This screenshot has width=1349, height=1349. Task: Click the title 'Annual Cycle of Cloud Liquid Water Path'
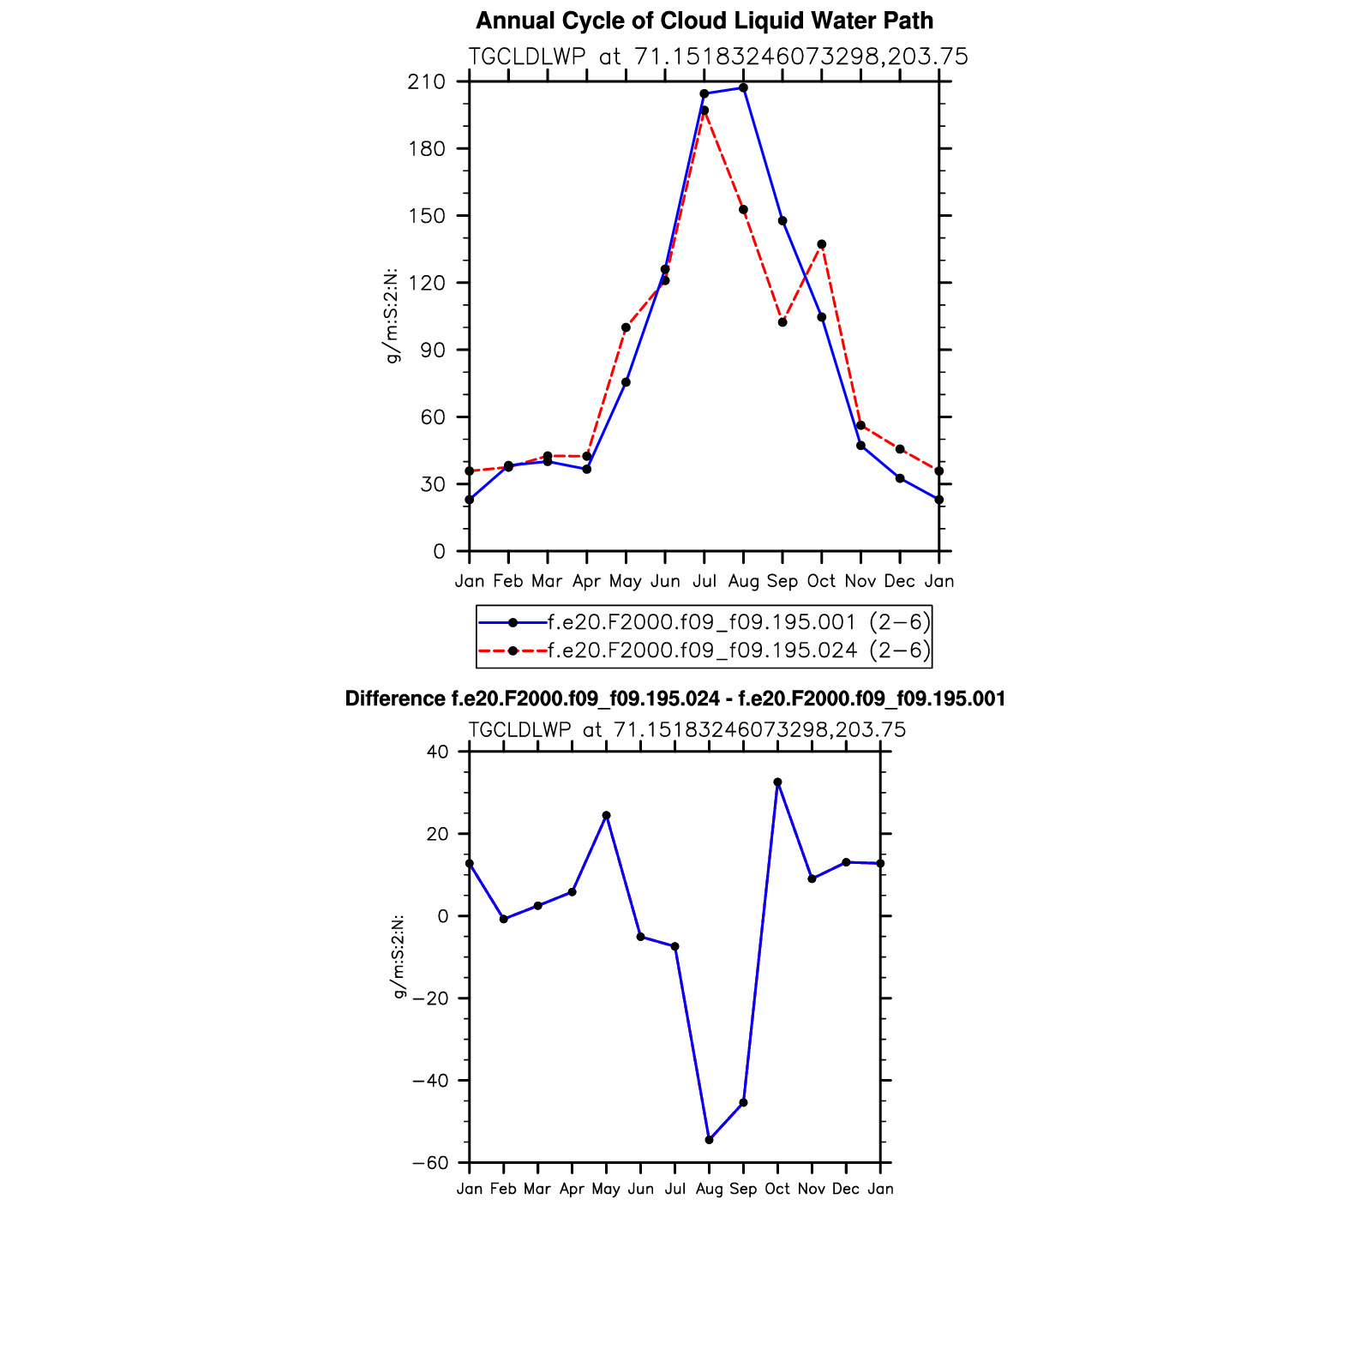(704, 21)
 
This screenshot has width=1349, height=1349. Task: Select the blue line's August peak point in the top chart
(743, 88)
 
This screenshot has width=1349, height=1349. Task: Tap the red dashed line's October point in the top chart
(821, 244)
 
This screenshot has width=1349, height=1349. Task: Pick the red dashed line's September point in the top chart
(782, 322)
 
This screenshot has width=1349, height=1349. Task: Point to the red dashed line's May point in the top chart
(626, 327)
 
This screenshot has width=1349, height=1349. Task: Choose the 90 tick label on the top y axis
(433, 350)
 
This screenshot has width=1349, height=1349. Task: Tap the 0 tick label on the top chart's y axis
(440, 551)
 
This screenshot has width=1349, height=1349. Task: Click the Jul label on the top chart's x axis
(704, 581)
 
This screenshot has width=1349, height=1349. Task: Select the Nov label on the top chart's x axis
(860, 581)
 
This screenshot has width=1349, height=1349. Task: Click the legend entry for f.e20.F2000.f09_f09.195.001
(703, 621)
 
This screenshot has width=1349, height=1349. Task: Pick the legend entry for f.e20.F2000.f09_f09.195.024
(703, 651)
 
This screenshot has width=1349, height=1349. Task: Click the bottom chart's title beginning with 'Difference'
(674, 699)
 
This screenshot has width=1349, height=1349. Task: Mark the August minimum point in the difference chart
(709, 1140)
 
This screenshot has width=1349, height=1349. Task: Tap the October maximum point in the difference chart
(777, 782)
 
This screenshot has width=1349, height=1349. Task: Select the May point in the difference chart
(606, 815)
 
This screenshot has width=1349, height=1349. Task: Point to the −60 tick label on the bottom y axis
(430, 1163)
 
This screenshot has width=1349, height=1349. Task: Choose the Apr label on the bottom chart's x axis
(572, 1189)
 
